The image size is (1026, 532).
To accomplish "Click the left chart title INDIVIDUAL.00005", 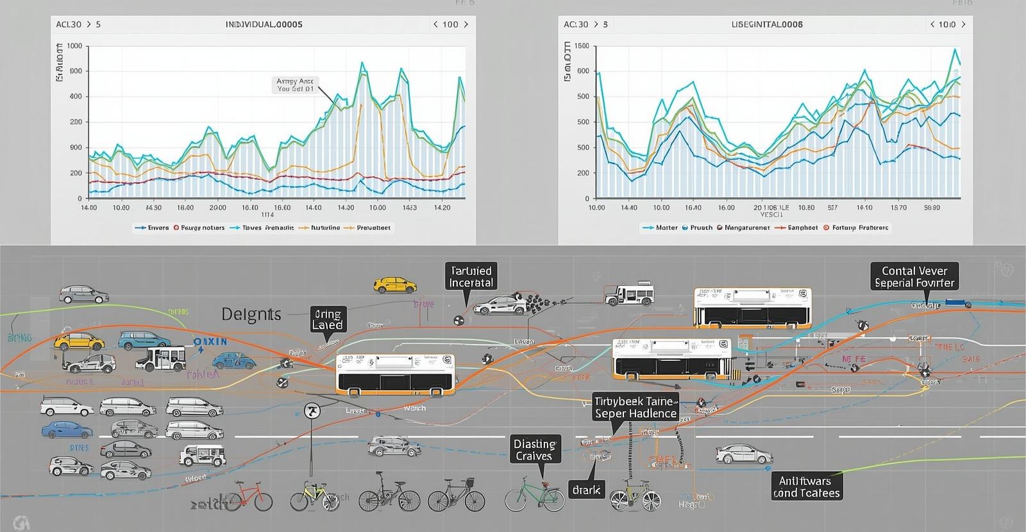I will pos(264,24).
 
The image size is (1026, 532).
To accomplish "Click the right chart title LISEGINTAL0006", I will pos(767,24).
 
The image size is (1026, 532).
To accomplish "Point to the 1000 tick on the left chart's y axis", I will pos(74,46).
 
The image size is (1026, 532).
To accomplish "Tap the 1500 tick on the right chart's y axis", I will pos(582,46).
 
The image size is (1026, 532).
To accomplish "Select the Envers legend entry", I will pos(153,228).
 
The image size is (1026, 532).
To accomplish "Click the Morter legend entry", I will pos(660,228).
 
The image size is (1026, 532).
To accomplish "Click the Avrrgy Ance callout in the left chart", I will pos(295,85).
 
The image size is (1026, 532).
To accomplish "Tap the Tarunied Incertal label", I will pos(471,277).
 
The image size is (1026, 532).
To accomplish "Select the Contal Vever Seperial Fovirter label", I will pos(914,277).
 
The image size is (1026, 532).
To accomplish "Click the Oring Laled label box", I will pos(328,319).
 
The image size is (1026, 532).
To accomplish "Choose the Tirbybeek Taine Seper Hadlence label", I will pos(635,408).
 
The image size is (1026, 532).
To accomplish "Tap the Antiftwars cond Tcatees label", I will pos(806,486).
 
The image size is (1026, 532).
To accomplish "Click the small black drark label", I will pos(586,490).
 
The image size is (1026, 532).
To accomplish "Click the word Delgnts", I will pos(251,314).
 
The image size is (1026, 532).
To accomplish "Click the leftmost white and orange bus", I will pos(396,374).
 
